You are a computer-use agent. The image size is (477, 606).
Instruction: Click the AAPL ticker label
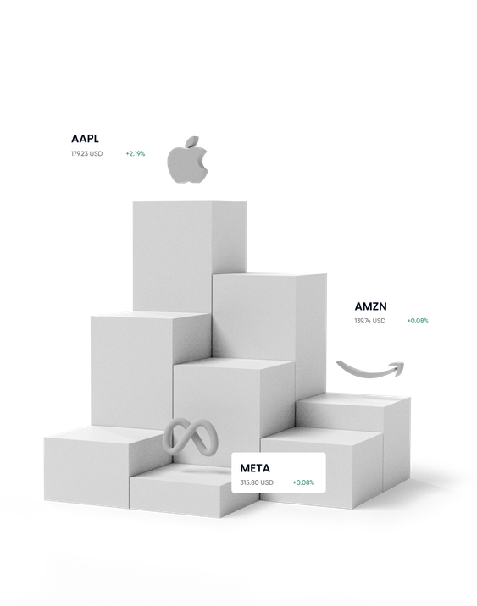pyautogui.click(x=85, y=138)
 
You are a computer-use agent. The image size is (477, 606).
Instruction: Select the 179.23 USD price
pyautogui.click(x=86, y=153)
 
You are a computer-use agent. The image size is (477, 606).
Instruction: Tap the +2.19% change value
pyautogui.click(x=136, y=153)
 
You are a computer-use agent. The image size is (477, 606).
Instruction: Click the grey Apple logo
pyautogui.click(x=187, y=160)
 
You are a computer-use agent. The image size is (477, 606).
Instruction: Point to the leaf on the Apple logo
pyautogui.click(x=192, y=141)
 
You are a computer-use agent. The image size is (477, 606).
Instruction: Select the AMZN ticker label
pyautogui.click(x=370, y=306)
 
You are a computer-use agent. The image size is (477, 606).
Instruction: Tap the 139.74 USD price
pyautogui.click(x=370, y=321)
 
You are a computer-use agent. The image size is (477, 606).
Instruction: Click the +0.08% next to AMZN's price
pyautogui.click(x=418, y=321)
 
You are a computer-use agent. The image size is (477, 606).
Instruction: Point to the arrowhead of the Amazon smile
pyautogui.click(x=397, y=367)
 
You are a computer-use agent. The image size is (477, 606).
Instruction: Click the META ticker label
pyautogui.click(x=255, y=468)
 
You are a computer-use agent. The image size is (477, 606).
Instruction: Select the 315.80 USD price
pyautogui.click(x=257, y=482)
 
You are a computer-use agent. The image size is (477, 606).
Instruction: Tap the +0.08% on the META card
pyautogui.click(x=303, y=482)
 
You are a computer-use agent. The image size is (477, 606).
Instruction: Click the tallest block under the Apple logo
pyautogui.click(x=190, y=255)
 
